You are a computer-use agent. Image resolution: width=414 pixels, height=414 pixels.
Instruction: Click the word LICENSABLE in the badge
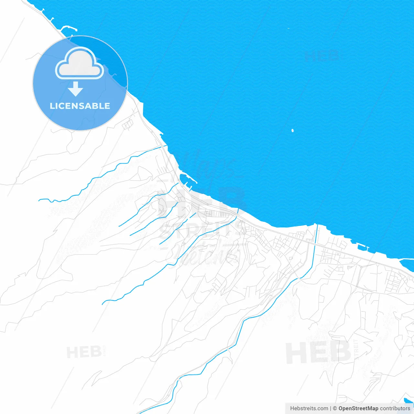click(x=80, y=106)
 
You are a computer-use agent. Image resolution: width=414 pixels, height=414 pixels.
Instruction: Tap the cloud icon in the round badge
click(x=80, y=63)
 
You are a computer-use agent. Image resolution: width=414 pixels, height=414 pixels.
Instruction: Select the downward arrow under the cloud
click(x=76, y=89)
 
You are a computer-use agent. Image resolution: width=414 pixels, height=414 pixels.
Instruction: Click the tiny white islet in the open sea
click(x=292, y=131)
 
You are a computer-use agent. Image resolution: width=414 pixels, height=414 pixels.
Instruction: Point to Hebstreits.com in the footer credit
click(x=309, y=409)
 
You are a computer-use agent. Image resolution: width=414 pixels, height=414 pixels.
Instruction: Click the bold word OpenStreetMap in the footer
click(x=358, y=409)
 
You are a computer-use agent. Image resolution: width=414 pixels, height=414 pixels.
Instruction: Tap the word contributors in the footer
click(x=395, y=409)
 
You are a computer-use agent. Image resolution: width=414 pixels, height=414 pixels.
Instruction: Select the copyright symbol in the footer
click(x=335, y=409)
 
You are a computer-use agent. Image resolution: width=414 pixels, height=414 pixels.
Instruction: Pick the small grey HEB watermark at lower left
click(x=84, y=352)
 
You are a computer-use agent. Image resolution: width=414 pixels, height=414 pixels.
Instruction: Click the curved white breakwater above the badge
click(x=68, y=28)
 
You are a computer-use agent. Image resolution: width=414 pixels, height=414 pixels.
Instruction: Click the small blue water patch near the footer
click(x=408, y=401)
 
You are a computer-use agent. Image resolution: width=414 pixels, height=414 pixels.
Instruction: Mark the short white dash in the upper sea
click(x=289, y=28)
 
